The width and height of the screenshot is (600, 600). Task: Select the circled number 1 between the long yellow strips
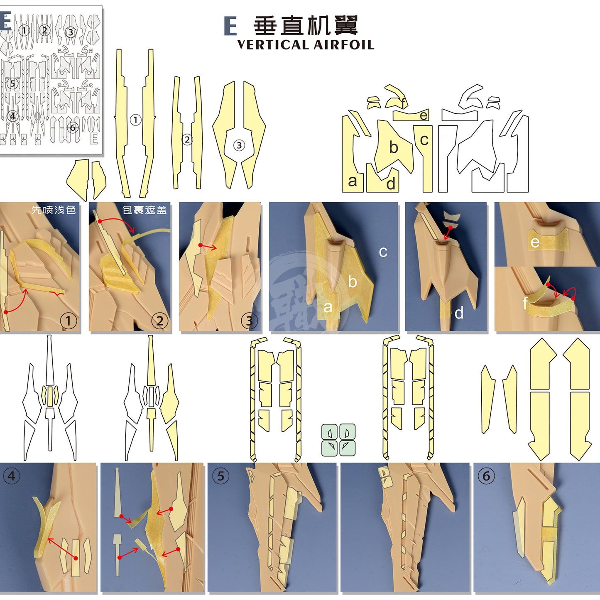point(135,120)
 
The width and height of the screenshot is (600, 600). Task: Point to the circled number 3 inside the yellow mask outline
point(239,145)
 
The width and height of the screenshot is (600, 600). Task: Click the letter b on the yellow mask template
point(394,147)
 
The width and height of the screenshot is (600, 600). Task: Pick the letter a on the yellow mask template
point(353,181)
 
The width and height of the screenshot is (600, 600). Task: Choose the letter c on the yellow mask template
point(424,140)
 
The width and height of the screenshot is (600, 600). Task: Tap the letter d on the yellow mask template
point(391,183)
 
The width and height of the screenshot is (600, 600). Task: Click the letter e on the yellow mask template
point(424,115)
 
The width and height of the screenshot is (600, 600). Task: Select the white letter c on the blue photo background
point(383,252)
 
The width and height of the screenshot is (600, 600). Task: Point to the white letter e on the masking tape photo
point(535,243)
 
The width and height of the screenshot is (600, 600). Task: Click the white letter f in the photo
point(525,303)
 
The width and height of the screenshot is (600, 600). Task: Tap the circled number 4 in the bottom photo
point(12,476)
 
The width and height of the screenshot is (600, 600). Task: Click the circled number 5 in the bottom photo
point(220,476)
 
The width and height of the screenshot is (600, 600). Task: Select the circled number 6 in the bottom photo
point(486,476)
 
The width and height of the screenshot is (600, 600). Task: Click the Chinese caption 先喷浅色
point(54,210)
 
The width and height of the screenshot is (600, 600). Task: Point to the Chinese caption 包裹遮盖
point(144,210)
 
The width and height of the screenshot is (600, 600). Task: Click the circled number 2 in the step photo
point(160,321)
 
